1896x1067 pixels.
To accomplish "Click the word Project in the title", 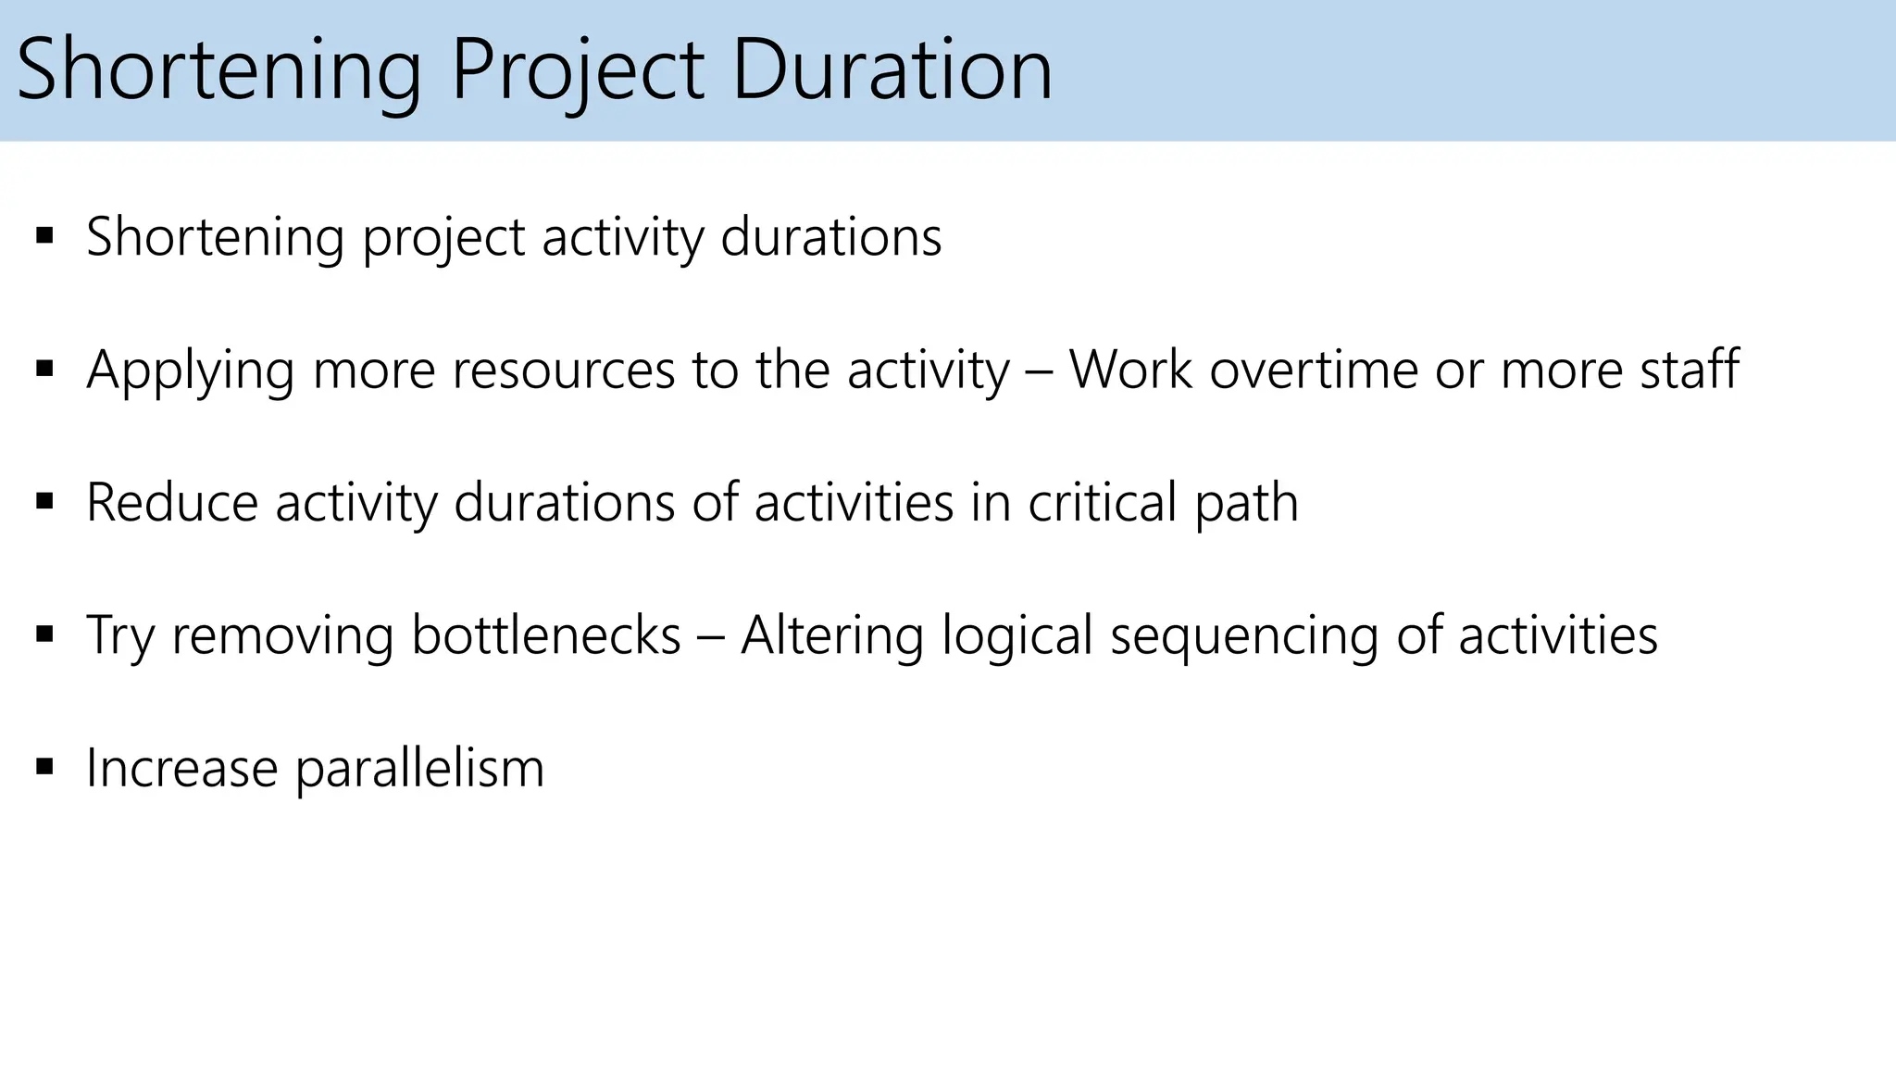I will point(578,70).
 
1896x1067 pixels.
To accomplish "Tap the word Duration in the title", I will point(892,70).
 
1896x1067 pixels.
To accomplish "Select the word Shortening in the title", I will point(218,70).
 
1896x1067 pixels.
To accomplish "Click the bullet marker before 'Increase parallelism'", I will point(44,767).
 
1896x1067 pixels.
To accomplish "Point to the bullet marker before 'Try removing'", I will point(44,634).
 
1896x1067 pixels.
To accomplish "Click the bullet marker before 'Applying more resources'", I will point(44,369).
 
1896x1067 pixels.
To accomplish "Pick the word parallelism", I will point(419,769).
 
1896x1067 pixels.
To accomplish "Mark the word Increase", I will point(181,768).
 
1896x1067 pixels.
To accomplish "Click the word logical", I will point(1017,637).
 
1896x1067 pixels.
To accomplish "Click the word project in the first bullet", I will point(444,238).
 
